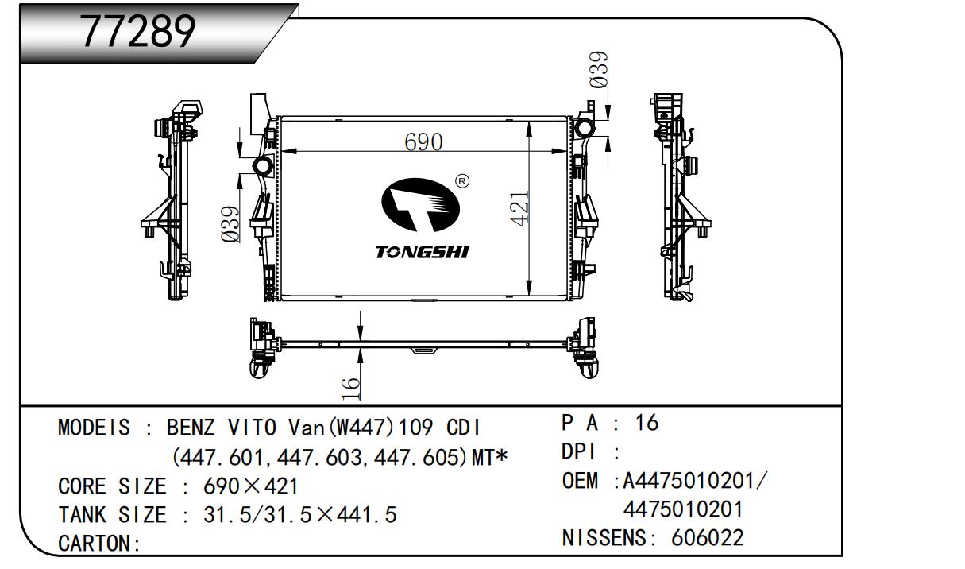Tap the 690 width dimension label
(423, 141)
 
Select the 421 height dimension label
(519, 209)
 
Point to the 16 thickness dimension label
(351, 389)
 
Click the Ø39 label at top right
(599, 70)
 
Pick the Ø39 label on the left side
(230, 224)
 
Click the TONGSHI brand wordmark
(423, 252)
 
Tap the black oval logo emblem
(420, 205)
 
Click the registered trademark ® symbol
(462, 181)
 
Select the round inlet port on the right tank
(585, 128)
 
